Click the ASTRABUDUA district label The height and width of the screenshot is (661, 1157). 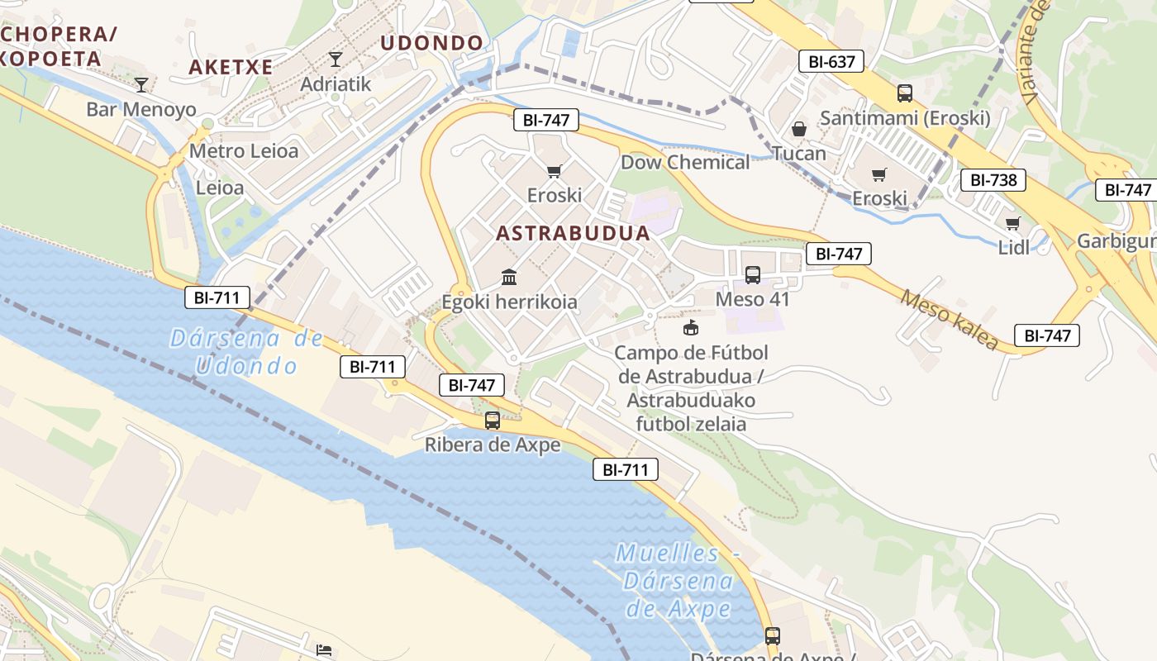pyautogui.click(x=573, y=233)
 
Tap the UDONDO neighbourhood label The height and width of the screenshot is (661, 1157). pyautogui.click(x=431, y=43)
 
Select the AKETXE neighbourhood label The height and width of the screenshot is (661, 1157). pyautogui.click(x=231, y=67)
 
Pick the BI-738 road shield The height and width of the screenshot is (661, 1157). pyautogui.click(x=993, y=180)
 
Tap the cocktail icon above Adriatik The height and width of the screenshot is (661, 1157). pyautogui.click(x=335, y=59)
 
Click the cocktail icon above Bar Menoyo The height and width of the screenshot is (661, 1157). pyautogui.click(x=141, y=83)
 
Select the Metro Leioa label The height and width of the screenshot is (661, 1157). pyautogui.click(x=243, y=151)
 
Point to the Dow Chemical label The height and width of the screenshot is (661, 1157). pyautogui.click(x=685, y=162)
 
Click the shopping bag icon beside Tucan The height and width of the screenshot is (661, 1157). pyautogui.click(x=798, y=129)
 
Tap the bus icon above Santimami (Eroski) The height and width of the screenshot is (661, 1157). pyautogui.click(x=905, y=93)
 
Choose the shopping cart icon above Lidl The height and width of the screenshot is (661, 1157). pyautogui.click(x=1013, y=222)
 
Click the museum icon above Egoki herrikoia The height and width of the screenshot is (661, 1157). pyautogui.click(x=509, y=276)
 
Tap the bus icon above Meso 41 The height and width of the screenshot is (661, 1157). pyautogui.click(x=753, y=274)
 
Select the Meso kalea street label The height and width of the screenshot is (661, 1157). pyautogui.click(x=949, y=319)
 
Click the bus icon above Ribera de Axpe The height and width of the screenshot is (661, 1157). pyautogui.click(x=493, y=420)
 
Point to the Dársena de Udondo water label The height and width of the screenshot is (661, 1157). pyautogui.click(x=246, y=351)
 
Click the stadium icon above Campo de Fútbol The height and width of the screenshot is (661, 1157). pyautogui.click(x=690, y=328)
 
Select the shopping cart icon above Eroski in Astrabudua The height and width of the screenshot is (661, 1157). pyautogui.click(x=554, y=171)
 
